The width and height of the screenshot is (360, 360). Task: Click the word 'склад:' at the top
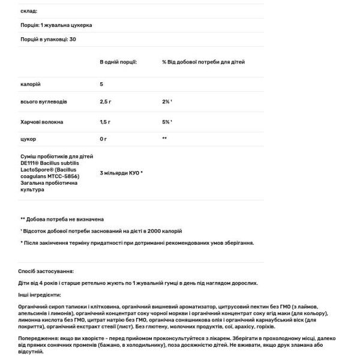[28, 11]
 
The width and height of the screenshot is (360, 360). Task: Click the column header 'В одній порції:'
[118, 62]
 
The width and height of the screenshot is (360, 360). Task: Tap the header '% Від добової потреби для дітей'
[203, 62]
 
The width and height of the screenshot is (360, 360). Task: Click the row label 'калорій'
[30, 84]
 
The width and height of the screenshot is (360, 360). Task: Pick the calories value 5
[101, 84]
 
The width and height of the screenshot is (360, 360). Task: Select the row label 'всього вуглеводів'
[43, 102]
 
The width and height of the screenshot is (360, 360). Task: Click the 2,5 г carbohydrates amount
[106, 102]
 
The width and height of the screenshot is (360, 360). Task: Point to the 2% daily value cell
[167, 102]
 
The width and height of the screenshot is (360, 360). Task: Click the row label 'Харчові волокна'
[41, 122]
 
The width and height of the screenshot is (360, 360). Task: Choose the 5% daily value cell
[167, 122]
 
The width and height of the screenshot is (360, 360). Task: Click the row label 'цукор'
[28, 139]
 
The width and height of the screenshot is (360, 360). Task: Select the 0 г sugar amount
[103, 139]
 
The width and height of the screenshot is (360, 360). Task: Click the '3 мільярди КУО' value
[121, 173]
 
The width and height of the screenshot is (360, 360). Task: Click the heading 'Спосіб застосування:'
[46, 271]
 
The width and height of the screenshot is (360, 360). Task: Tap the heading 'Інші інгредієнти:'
[40, 295]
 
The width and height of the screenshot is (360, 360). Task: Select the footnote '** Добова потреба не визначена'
[62, 220]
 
